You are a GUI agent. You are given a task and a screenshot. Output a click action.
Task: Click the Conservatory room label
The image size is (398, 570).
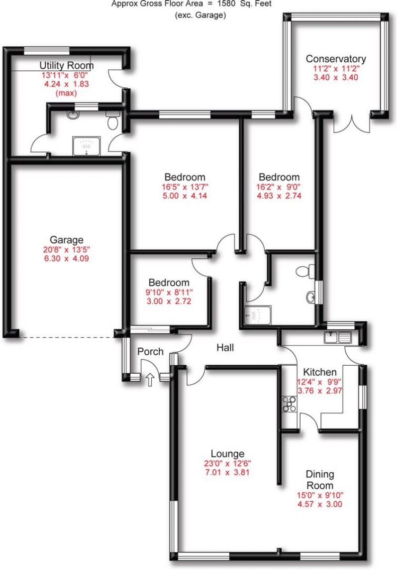click(336, 59)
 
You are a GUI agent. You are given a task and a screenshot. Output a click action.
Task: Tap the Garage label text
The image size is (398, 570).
click(66, 240)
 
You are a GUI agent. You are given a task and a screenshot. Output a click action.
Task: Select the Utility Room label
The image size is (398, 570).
click(67, 66)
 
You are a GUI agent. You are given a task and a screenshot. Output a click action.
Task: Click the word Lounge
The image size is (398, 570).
click(227, 453)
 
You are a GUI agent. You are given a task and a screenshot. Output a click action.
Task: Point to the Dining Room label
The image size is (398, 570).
click(320, 479)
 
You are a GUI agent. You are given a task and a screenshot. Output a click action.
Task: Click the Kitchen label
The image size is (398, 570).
click(320, 372)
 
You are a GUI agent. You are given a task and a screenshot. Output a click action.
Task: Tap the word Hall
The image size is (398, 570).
click(225, 348)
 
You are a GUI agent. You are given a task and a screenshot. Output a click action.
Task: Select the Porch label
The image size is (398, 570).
click(150, 352)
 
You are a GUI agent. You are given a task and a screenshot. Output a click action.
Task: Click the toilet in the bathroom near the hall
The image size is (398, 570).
click(304, 272)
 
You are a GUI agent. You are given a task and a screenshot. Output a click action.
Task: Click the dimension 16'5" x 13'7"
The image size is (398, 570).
click(185, 187)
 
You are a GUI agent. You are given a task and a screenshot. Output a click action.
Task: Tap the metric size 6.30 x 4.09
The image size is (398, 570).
click(66, 259)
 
